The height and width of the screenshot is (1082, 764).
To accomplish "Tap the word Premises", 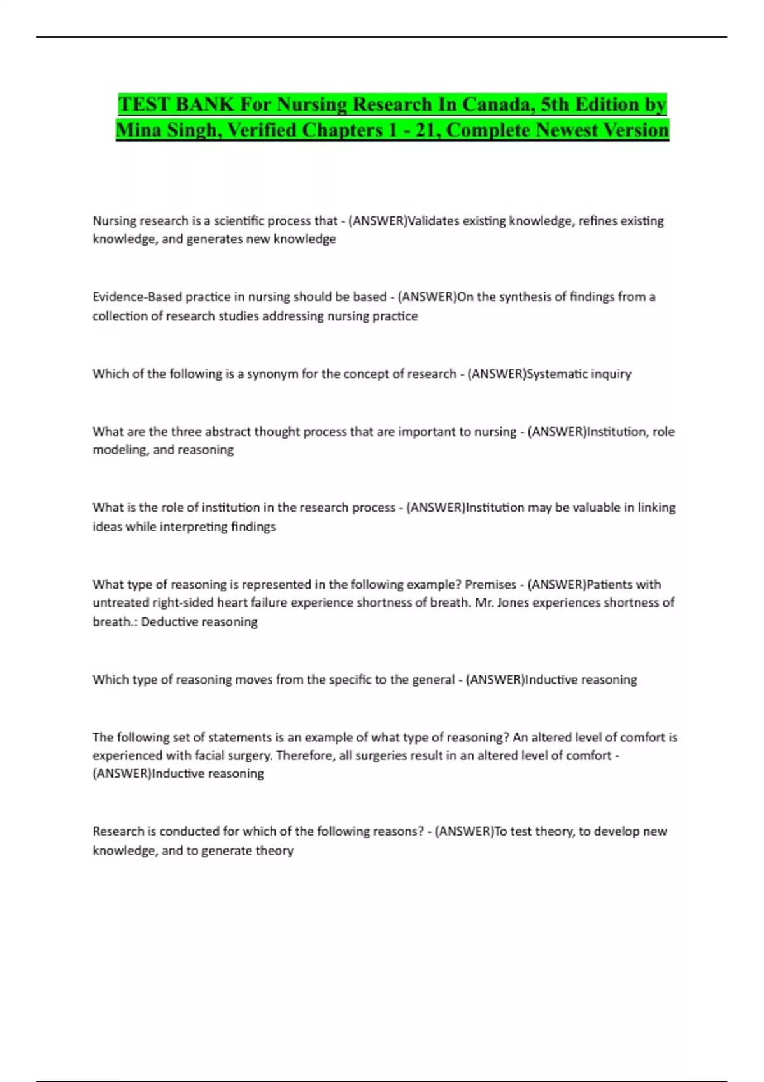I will pyautogui.click(x=490, y=584).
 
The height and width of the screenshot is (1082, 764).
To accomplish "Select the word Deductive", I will pyautogui.click(x=168, y=622).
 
